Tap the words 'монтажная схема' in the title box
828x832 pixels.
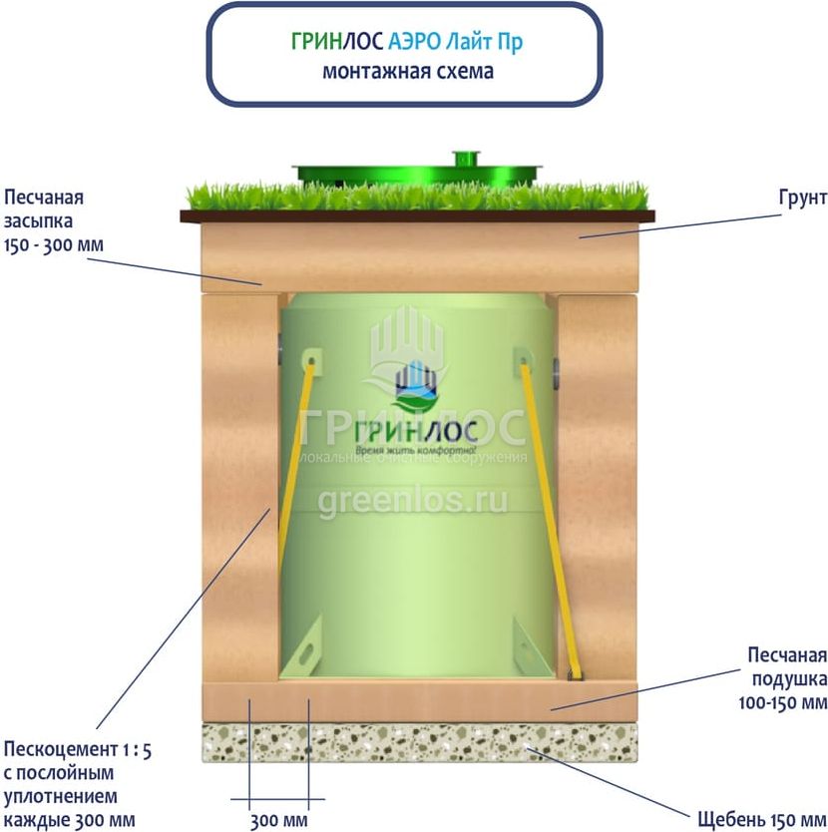tap(407, 72)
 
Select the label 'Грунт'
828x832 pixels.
tap(802, 199)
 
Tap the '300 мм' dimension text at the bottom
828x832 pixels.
tap(278, 821)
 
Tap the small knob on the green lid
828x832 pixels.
tap(465, 160)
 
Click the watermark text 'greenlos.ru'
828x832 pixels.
tap(412, 500)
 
